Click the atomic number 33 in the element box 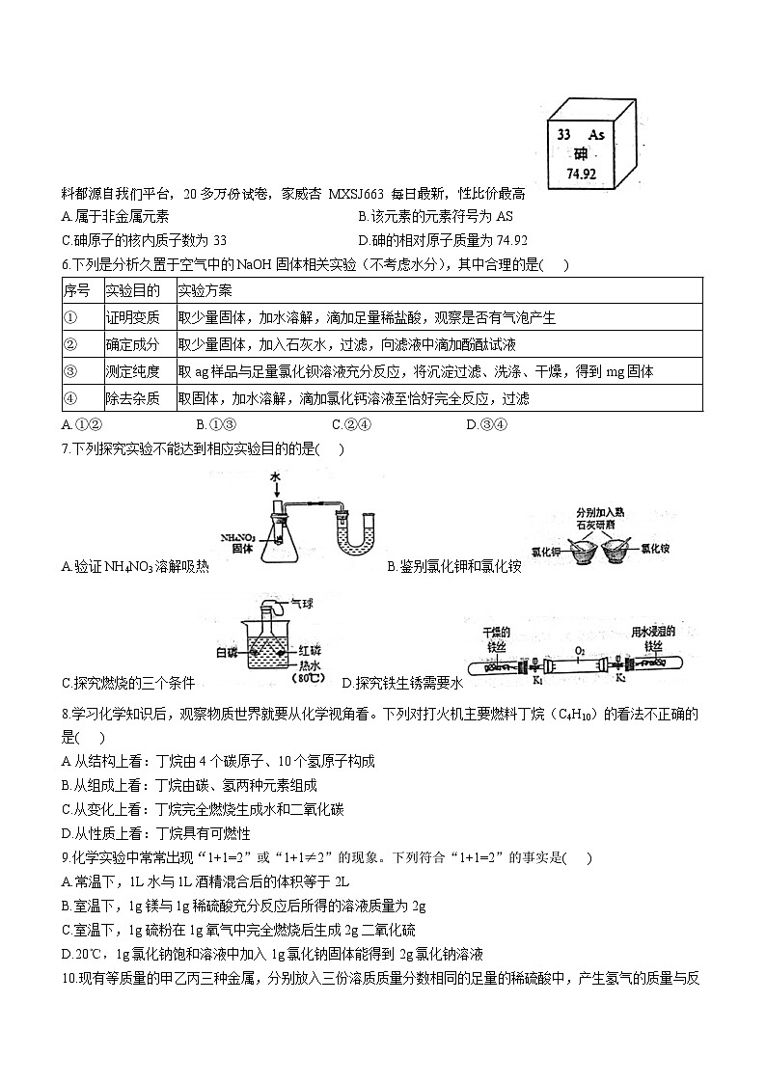tap(565, 136)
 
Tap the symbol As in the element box tap(596, 136)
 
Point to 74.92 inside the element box tap(580, 175)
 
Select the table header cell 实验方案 tap(205, 290)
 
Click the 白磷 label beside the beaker tap(227, 654)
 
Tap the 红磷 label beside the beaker tap(311, 650)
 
